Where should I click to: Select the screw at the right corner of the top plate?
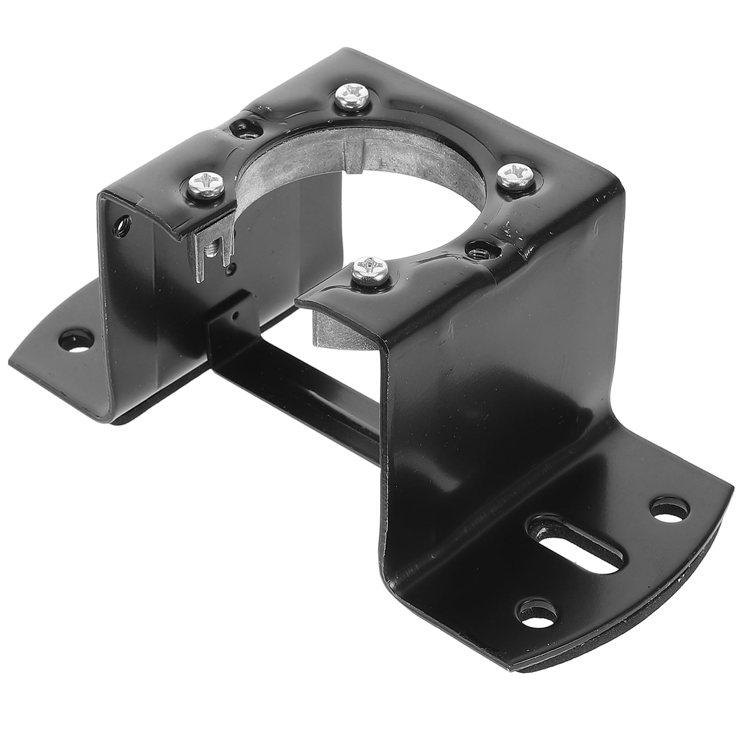(513, 175)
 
